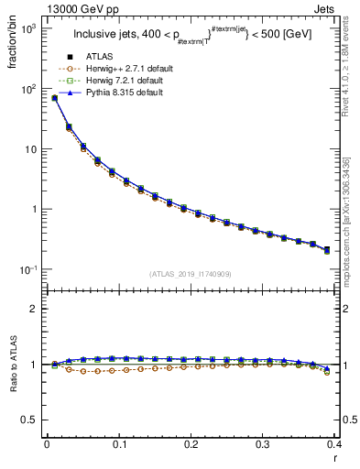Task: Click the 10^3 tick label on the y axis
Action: [28, 29]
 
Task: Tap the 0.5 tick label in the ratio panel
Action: [31, 420]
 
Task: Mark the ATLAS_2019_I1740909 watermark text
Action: [191, 274]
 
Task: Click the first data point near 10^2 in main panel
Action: [54, 98]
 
